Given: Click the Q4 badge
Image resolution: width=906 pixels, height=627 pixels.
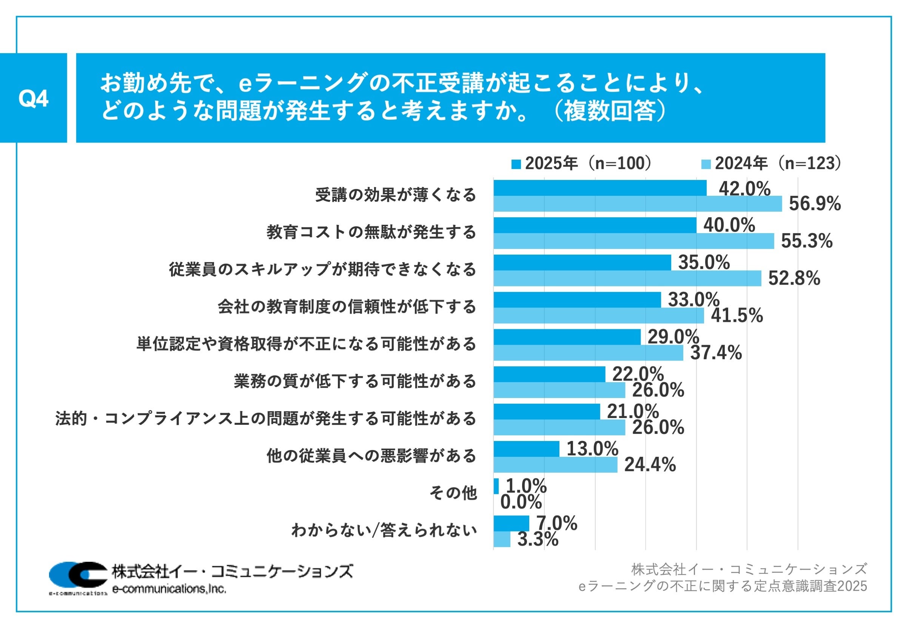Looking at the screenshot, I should pyautogui.click(x=34, y=98).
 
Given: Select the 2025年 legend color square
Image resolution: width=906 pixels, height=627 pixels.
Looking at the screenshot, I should pyautogui.click(x=516, y=164).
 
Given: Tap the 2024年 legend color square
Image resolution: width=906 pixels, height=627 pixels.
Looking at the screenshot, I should pyautogui.click(x=706, y=164).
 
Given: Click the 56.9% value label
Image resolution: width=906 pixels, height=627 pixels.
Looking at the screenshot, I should pyautogui.click(x=814, y=203).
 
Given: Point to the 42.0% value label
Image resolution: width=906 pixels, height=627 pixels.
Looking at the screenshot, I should pyautogui.click(x=744, y=189).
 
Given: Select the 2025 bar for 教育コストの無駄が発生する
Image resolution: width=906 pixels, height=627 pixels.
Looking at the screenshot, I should pyautogui.click(x=595, y=225).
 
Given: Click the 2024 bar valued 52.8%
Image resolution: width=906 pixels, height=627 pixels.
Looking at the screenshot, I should pyautogui.click(x=627, y=278).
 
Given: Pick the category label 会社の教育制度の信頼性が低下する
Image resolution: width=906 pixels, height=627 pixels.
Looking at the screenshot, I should pyautogui.click(x=347, y=307).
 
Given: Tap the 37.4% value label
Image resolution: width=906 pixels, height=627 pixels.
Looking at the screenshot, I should pyautogui.click(x=716, y=353).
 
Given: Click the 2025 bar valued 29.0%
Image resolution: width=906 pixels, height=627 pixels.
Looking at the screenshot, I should pyautogui.click(x=567, y=337).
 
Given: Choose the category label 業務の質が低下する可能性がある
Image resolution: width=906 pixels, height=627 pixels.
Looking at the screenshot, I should pyautogui.click(x=355, y=381).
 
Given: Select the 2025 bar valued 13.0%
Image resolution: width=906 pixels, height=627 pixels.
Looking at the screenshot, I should pyautogui.click(x=526, y=449).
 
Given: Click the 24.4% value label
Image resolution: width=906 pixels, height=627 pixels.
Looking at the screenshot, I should pyautogui.click(x=650, y=465).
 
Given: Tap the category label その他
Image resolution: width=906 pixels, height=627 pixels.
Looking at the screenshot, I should pyautogui.click(x=453, y=493).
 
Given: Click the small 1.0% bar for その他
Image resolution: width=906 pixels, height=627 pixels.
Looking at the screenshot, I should pyautogui.click(x=496, y=486).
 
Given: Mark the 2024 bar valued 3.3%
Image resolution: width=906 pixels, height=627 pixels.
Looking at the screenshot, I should pyautogui.click(x=502, y=539).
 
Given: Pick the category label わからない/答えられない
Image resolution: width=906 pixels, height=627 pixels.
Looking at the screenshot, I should pyautogui.click(x=384, y=530).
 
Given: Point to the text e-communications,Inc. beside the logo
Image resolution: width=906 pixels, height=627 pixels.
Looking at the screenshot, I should pyautogui.click(x=169, y=589).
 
